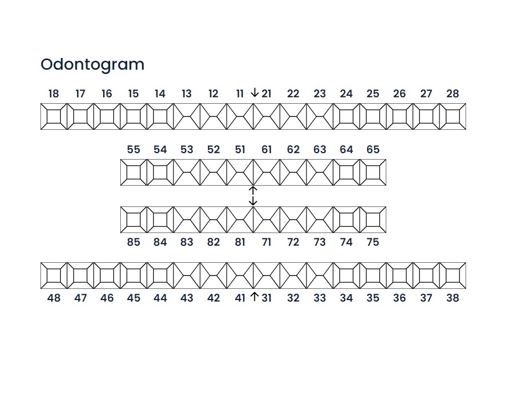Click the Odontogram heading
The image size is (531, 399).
click(93, 64)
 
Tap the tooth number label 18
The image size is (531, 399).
click(54, 94)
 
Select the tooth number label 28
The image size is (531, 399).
click(453, 94)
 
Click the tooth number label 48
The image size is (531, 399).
click(54, 298)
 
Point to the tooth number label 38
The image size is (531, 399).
click(453, 298)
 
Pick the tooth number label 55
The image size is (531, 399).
click(134, 149)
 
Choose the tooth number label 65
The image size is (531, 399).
click(373, 149)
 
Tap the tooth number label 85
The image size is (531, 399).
click(134, 242)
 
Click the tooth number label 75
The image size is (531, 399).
click(373, 242)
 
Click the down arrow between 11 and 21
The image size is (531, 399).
click(254, 93)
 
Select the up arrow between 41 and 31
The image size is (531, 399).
click(254, 297)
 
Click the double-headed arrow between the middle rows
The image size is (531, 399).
click(253, 196)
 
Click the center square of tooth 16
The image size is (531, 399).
click(107, 117)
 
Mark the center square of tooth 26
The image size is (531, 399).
click(400, 117)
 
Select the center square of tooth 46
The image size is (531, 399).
click(107, 276)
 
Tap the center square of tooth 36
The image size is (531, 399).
click(400, 276)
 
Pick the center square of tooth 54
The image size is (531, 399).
click(160, 172)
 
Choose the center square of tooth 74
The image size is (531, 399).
click(346, 220)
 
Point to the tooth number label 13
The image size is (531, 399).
click(187, 94)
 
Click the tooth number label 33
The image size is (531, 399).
click(320, 298)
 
